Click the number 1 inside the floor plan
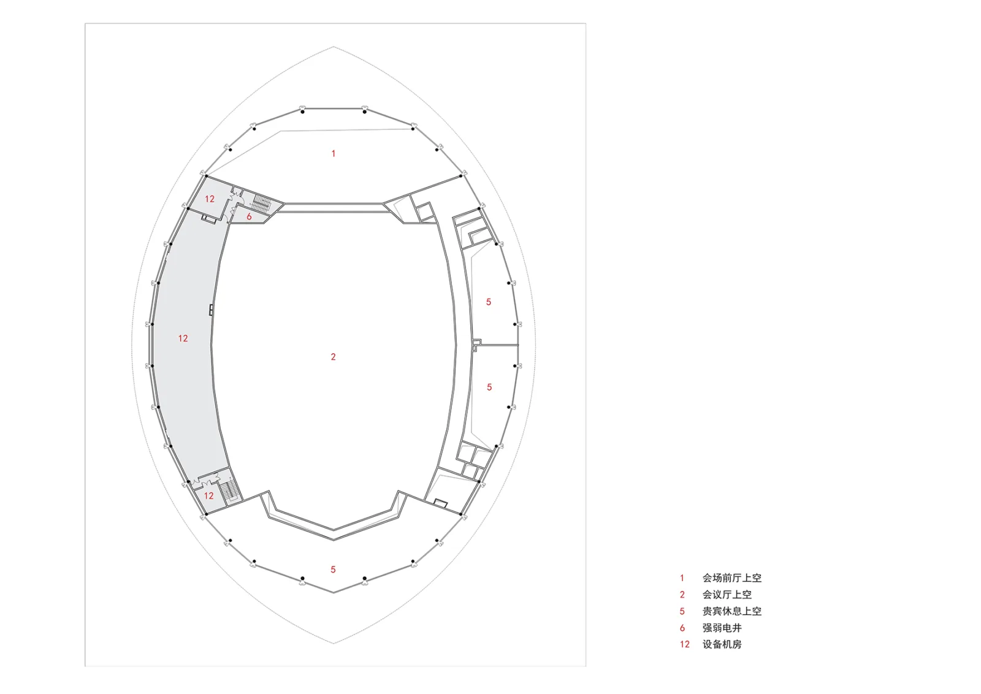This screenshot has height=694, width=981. pyautogui.click(x=334, y=154)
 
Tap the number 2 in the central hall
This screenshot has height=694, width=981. pyautogui.click(x=334, y=357)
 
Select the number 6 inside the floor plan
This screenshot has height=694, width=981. pyautogui.click(x=249, y=216)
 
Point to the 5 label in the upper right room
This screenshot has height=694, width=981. pyautogui.click(x=488, y=302)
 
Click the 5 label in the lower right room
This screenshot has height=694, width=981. pyautogui.click(x=489, y=387)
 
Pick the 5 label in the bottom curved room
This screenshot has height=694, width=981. pyautogui.click(x=333, y=569)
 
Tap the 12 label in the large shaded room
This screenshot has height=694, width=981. pyautogui.click(x=183, y=338)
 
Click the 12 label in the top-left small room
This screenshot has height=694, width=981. pyautogui.click(x=209, y=199)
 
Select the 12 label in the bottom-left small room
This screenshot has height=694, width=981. pyautogui.click(x=208, y=495)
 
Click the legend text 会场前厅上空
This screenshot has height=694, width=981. pyautogui.click(x=732, y=578)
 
